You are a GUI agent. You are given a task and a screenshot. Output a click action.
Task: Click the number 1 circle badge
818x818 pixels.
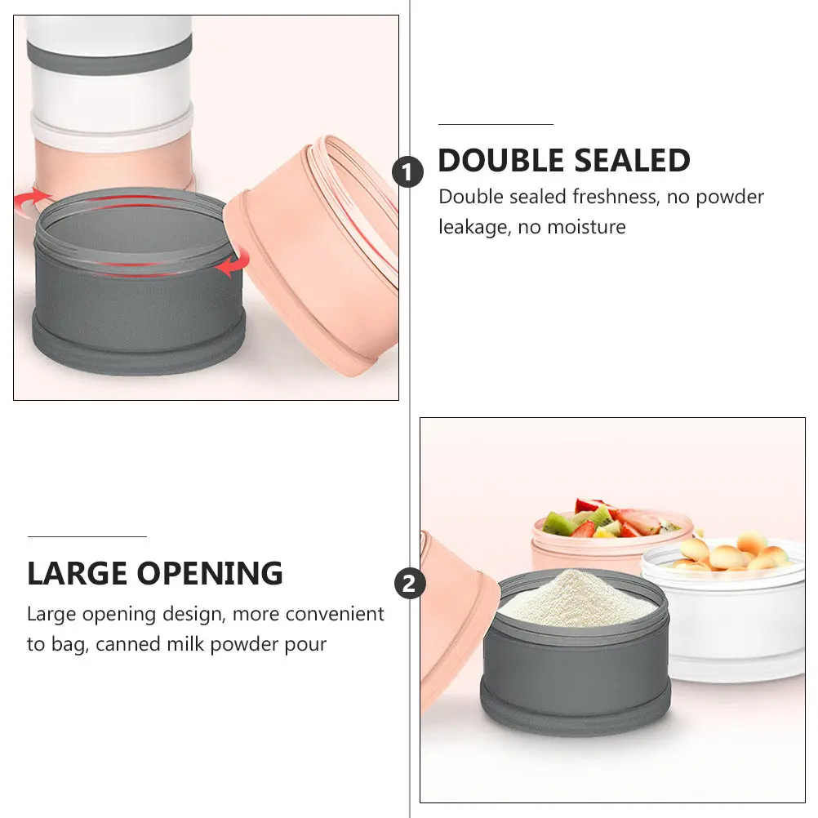[407, 172]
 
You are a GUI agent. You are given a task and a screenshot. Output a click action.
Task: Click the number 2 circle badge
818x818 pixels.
[410, 583]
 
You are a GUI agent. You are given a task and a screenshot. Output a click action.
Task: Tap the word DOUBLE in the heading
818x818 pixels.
[500, 160]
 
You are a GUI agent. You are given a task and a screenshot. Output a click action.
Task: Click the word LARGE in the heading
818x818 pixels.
[78, 573]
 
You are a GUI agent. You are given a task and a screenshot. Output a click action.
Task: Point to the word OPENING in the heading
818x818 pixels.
[211, 573]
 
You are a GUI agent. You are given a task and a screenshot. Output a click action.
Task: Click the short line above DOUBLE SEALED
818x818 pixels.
[496, 125]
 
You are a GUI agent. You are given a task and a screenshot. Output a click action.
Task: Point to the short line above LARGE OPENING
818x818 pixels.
[87, 536]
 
